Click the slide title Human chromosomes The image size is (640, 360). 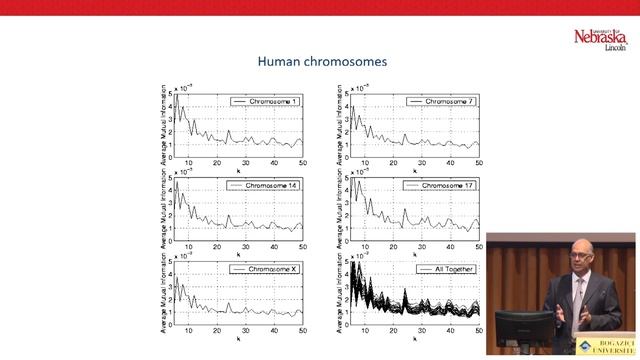(322, 61)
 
